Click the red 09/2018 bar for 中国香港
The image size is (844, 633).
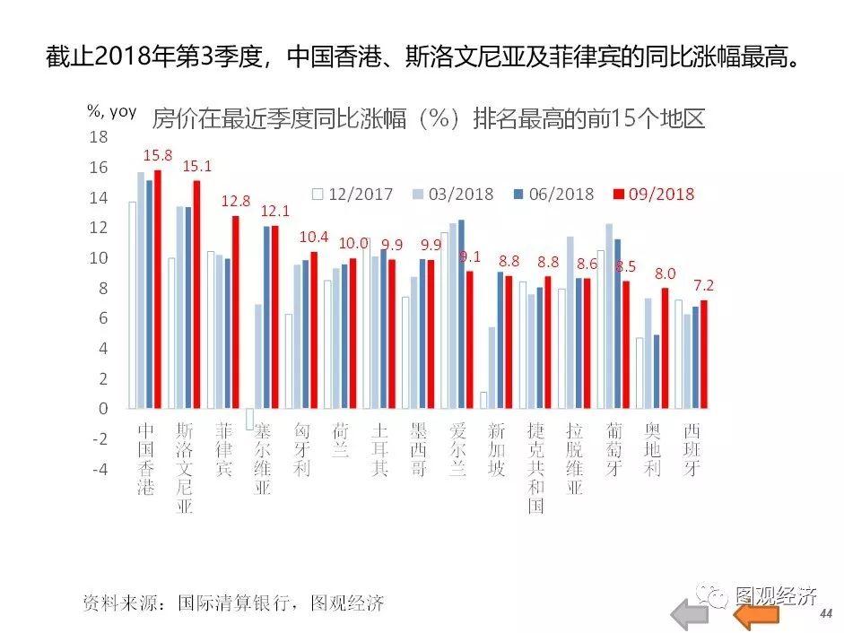[158, 289]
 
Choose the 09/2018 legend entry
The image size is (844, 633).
[654, 194]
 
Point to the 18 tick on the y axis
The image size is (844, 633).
[99, 137]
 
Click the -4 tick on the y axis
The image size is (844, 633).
[99, 469]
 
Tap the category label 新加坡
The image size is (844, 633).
[497, 449]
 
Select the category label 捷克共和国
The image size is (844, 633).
[536, 467]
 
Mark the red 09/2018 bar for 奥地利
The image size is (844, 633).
[665, 348]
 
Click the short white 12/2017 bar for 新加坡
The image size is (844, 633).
[483, 400]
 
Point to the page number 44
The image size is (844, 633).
[825, 613]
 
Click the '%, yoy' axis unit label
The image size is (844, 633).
[111, 111]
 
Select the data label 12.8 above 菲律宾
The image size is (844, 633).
[236, 201]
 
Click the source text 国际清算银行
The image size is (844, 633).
[236, 603]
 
